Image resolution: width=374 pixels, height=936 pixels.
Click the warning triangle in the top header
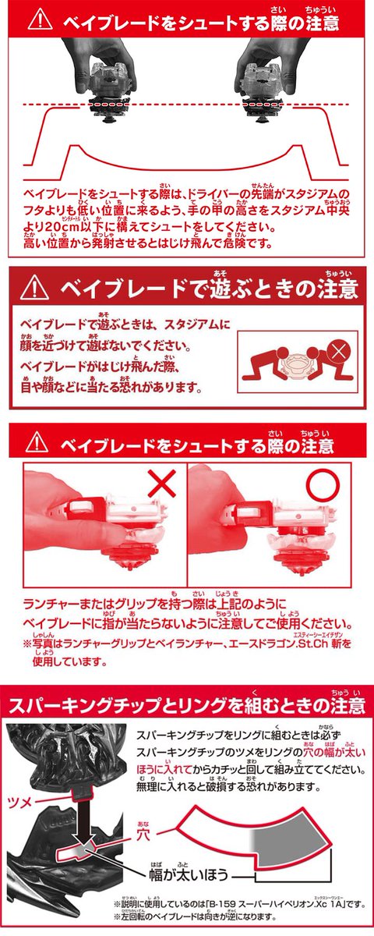(39, 19)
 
